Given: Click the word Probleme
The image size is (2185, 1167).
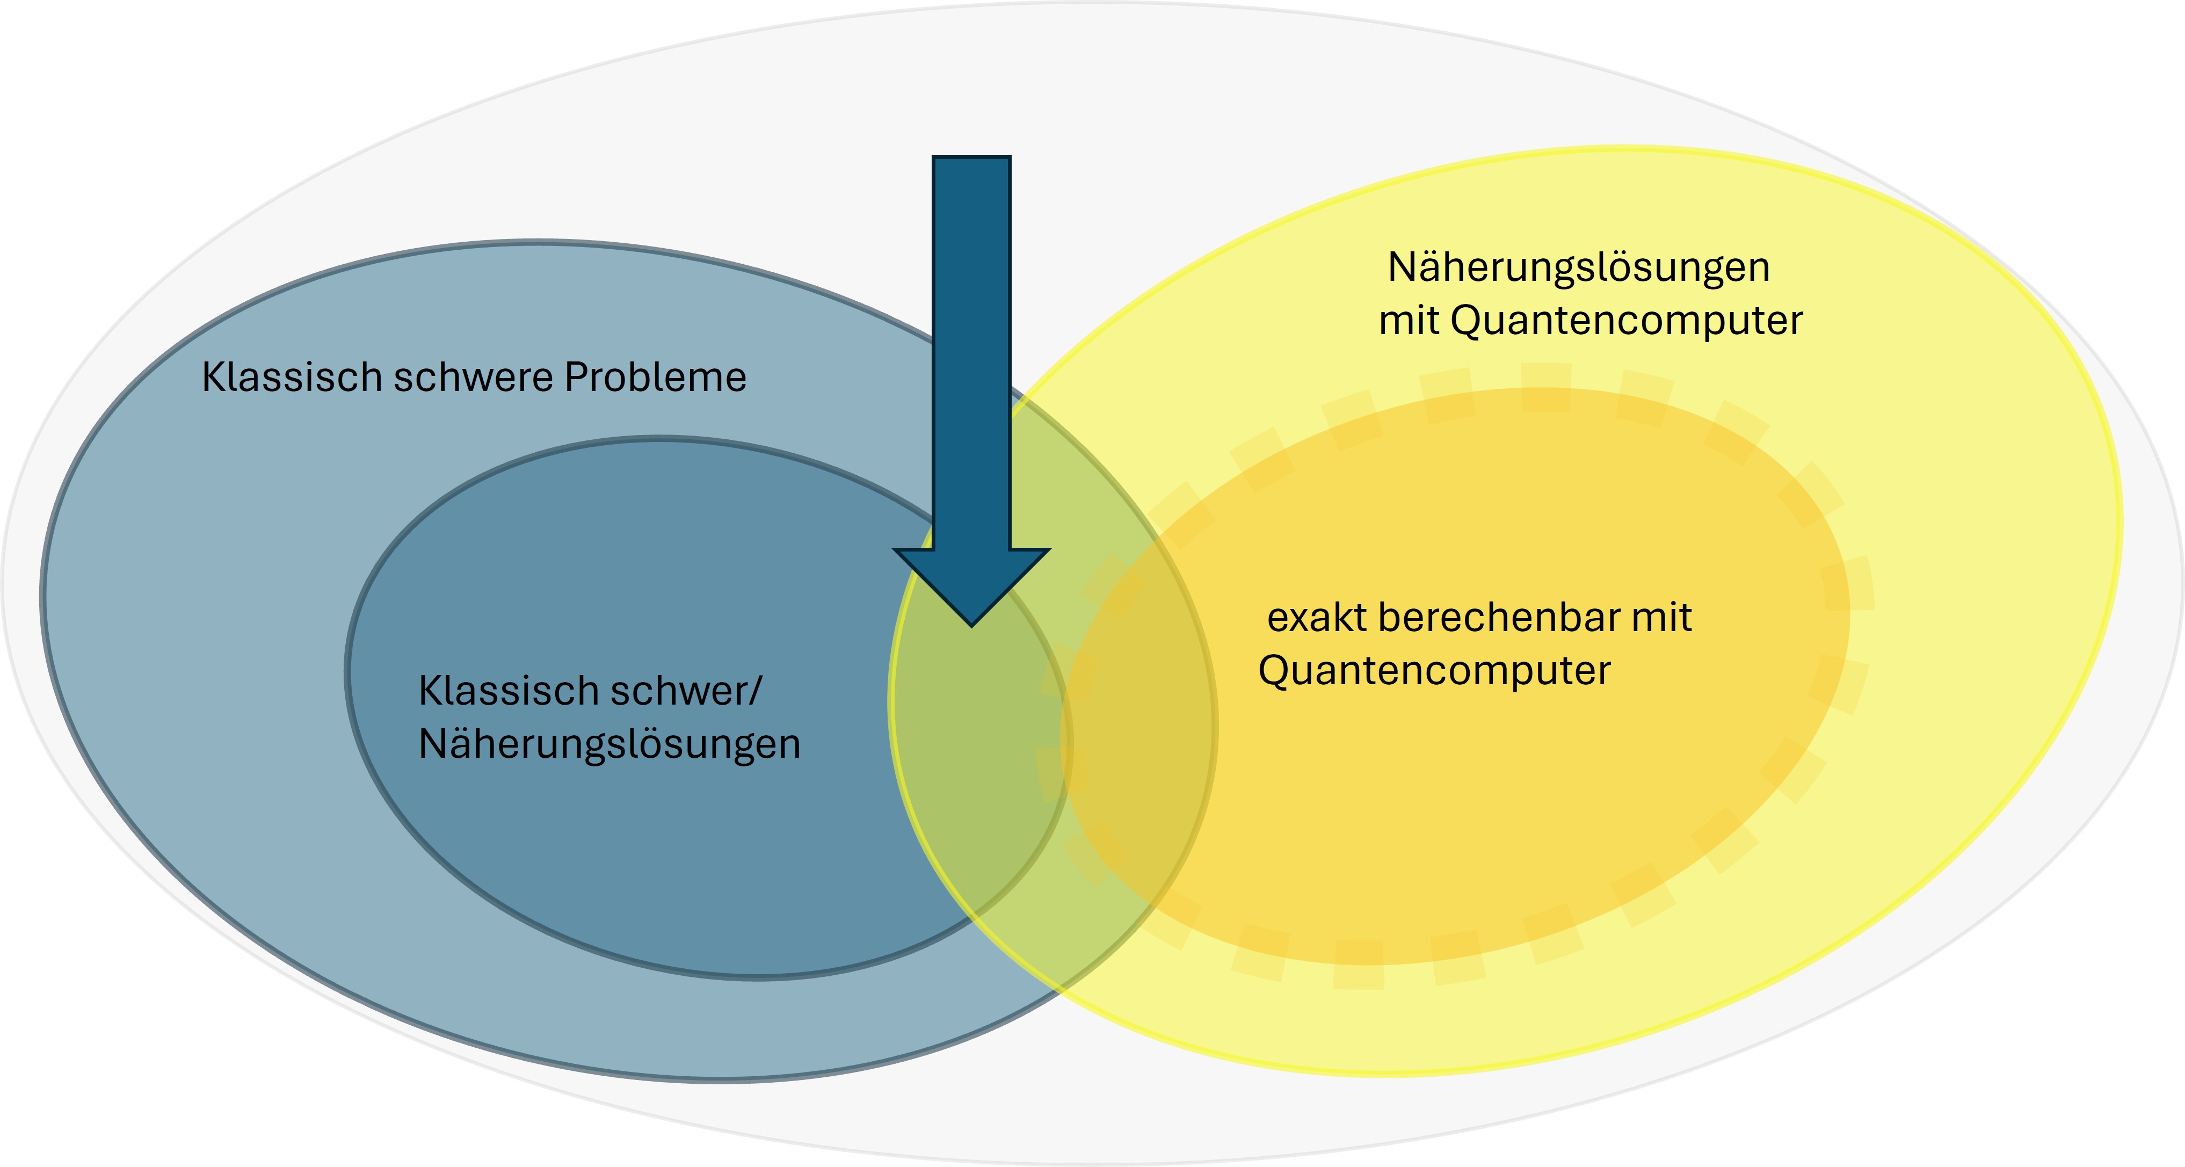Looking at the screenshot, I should pyautogui.click(x=655, y=378).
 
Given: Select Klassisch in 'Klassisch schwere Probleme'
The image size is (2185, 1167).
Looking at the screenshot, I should pyautogui.click(x=292, y=378).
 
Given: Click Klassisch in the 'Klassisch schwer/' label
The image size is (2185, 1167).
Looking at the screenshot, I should pyautogui.click(x=508, y=691).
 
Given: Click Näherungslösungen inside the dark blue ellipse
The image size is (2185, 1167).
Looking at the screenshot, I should pyautogui.click(x=609, y=745).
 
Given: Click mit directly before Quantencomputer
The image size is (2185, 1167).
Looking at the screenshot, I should pyautogui.click(x=1409, y=321).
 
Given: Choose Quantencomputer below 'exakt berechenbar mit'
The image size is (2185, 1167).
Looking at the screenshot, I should pyautogui.click(x=1433, y=671).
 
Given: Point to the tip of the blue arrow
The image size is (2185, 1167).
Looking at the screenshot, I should pyautogui.click(x=972, y=624).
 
